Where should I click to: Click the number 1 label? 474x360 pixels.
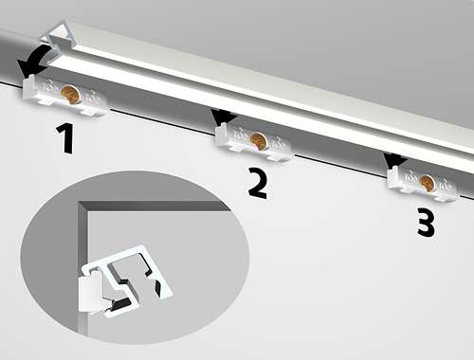(x=65, y=138)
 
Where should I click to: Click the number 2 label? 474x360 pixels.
(x=258, y=183)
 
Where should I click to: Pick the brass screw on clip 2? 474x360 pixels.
(x=259, y=140)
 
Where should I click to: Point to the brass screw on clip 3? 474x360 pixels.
(x=428, y=183)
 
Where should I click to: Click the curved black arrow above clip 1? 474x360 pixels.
(x=36, y=59)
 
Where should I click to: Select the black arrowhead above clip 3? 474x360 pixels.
(x=394, y=160)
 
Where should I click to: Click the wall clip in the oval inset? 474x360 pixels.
(x=91, y=294)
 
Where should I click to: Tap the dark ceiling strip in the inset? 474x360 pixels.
(x=155, y=206)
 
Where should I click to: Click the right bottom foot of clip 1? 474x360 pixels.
(x=92, y=112)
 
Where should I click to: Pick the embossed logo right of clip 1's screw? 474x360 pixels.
(x=92, y=98)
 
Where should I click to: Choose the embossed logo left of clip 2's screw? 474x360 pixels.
(x=240, y=135)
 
